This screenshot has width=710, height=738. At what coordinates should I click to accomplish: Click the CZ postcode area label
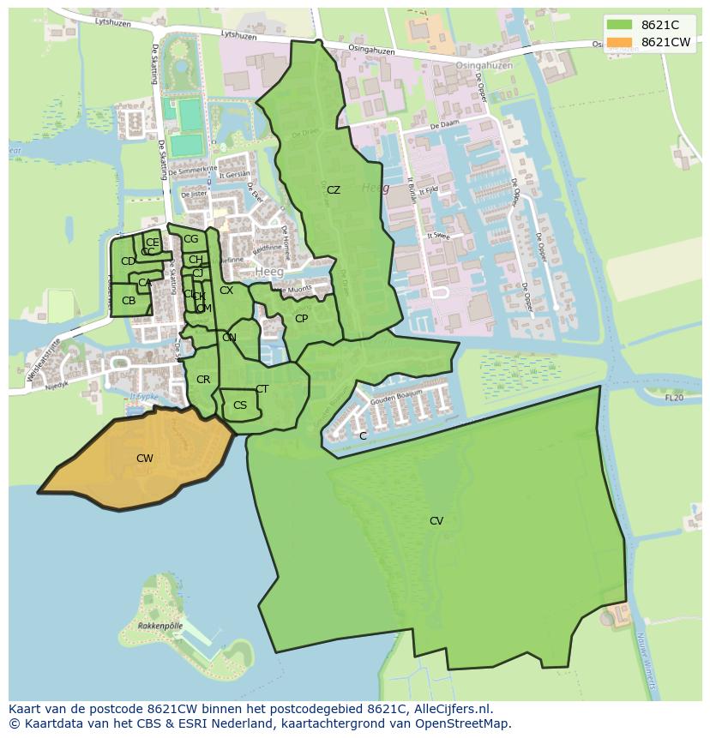coord(334,190)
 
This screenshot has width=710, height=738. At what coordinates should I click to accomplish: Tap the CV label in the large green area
coord(436,521)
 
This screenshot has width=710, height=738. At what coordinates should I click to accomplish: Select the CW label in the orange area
coord(145,459)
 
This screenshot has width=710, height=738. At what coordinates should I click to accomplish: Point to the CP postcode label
coord(301,319)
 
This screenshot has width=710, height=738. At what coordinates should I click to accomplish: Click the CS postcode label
coord(240,405)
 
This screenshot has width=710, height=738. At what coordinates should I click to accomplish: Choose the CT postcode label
coord(262,389)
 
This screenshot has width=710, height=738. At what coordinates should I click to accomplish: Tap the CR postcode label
coord(203,380)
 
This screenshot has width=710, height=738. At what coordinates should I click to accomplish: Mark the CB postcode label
coord(129,301)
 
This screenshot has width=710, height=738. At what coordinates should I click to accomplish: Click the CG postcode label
coord(190,239)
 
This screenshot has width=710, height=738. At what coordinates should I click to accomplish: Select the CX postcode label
coord(226,291)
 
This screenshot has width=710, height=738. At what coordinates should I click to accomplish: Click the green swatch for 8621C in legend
coord(619,25)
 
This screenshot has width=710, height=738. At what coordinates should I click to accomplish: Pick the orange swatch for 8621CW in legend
coord(619,42)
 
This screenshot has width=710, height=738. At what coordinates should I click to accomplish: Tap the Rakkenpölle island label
coord(160,627)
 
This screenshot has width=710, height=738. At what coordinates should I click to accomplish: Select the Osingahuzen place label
coord(484,66)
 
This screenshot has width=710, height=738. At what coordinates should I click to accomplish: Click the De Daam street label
coord(446,125)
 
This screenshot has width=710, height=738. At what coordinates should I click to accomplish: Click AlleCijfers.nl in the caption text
coord(451,709)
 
